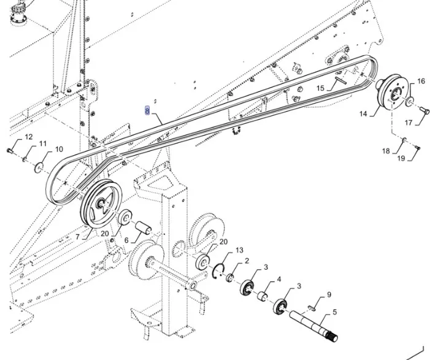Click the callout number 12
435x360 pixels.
point(29,137)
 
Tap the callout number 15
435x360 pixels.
point(320,89)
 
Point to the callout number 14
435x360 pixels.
point(363,113)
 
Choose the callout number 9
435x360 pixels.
point(329,294)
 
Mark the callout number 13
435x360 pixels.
point(239,250)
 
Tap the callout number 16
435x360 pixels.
point(421,82)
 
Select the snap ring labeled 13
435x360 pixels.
point(218,271)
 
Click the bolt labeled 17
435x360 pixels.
point(421,112)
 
